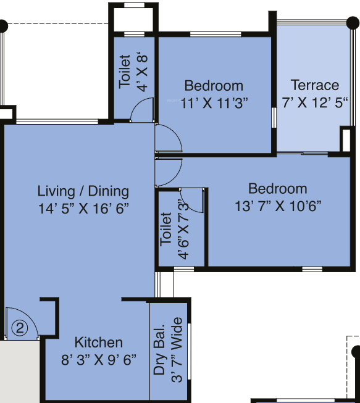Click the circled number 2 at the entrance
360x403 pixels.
20,328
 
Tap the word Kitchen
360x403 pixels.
99,343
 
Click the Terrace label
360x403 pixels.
315,85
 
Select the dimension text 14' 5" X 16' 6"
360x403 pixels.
83,208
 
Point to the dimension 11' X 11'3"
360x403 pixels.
214,103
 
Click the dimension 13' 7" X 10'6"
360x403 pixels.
278,206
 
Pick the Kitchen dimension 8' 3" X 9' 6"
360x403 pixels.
98,360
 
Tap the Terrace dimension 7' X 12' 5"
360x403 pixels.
315,102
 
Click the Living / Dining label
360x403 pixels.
83,191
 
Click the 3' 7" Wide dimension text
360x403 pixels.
177,349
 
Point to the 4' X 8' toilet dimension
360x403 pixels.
142,73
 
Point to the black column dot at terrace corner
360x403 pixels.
353,23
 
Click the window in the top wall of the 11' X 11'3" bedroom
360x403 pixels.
216,34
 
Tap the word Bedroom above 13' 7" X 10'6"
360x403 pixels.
278,189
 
